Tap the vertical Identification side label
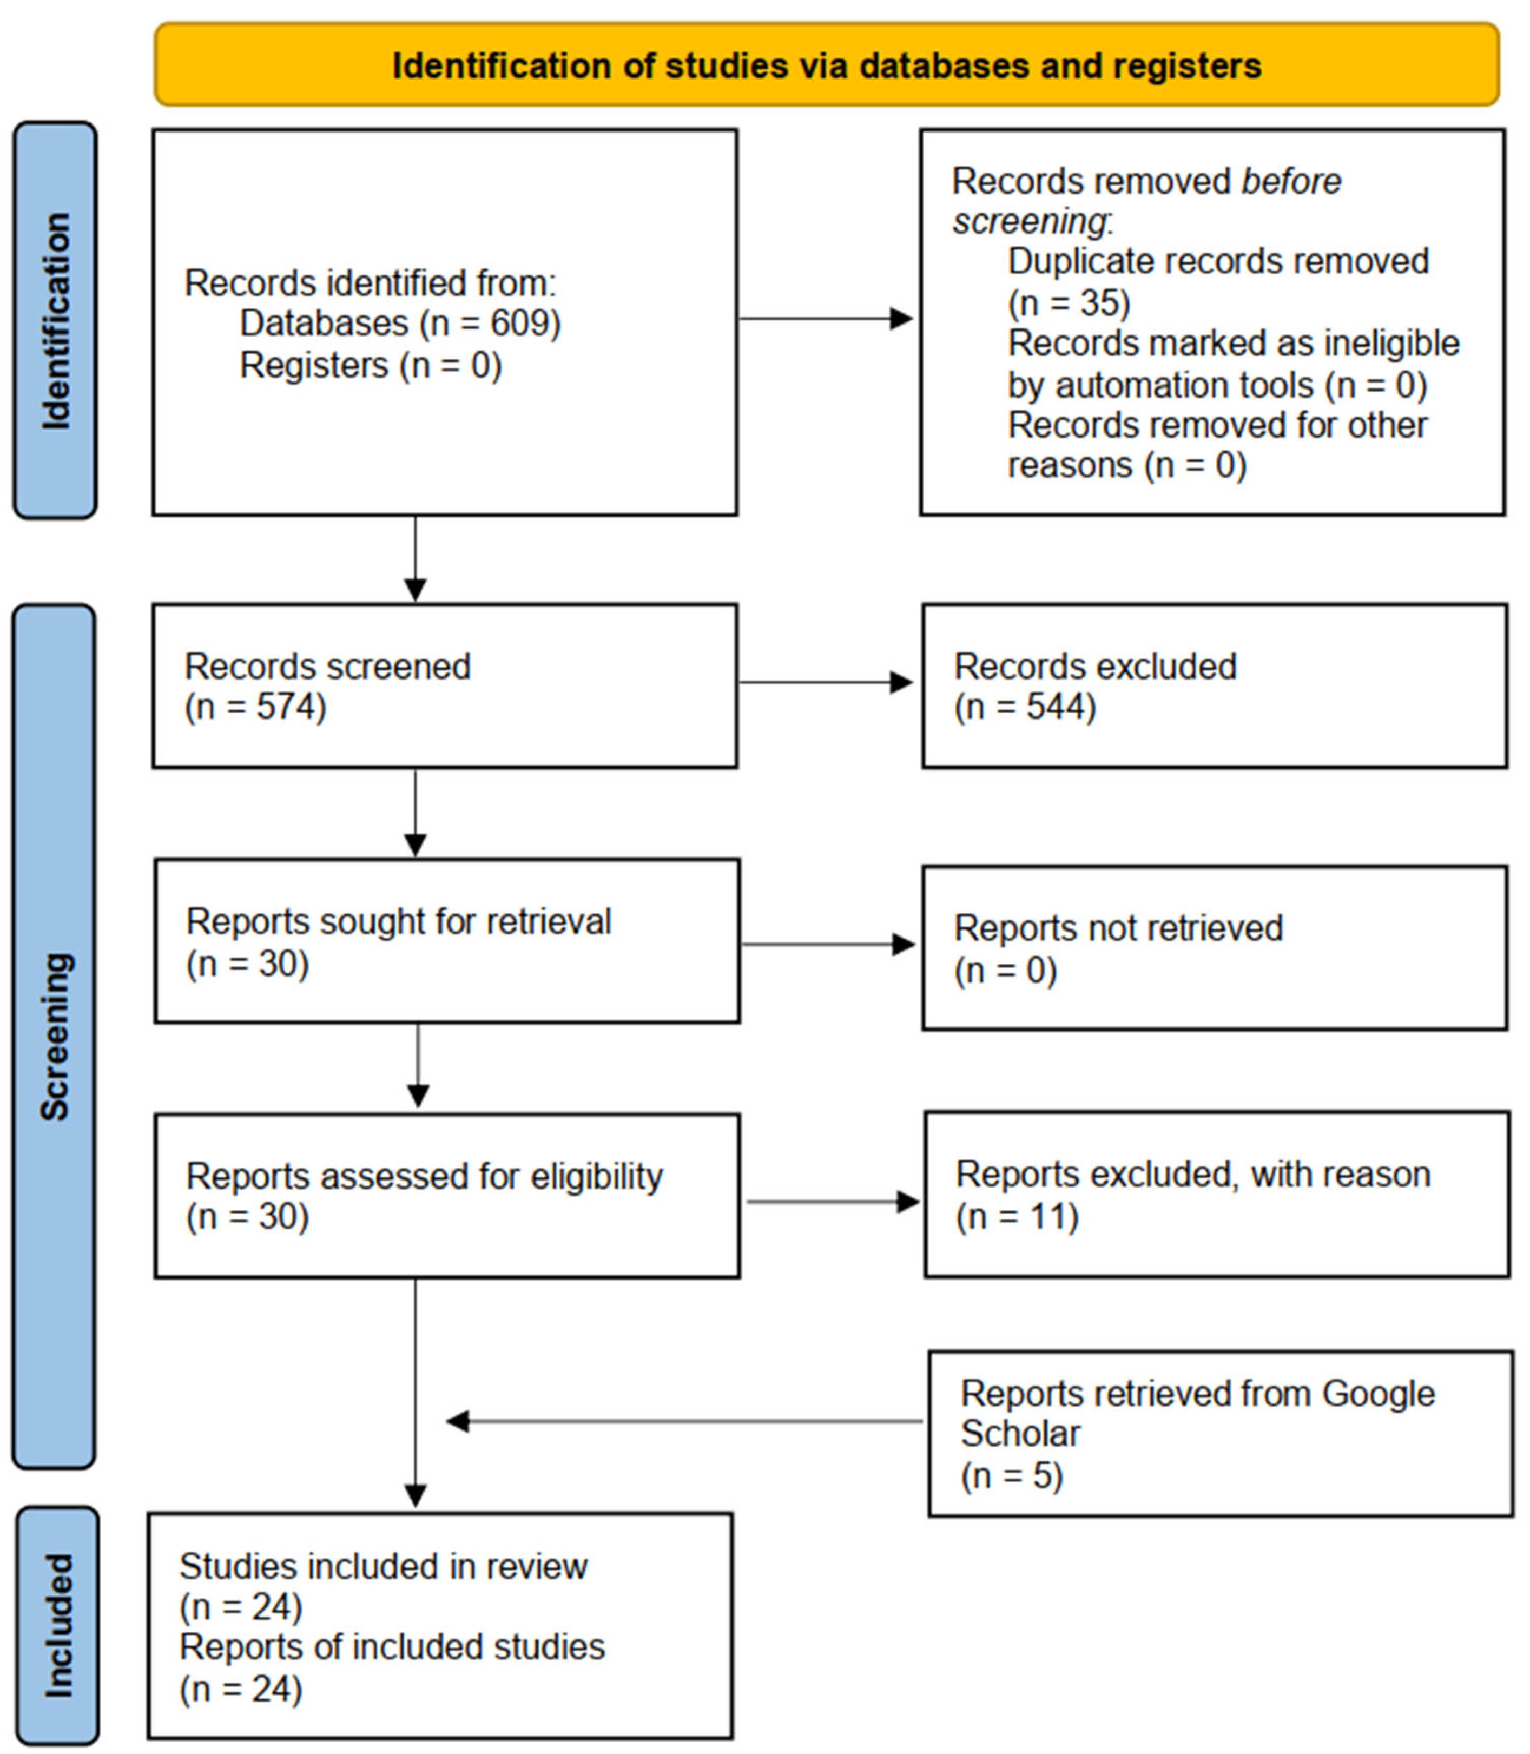coord(56,320)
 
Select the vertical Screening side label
coord(56,1036)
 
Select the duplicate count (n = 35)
coord(1069,303)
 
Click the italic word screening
coord(1029,222)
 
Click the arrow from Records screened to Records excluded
coord(825,682)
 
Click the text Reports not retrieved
coord(1118,928)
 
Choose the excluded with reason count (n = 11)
coord(1017,1216)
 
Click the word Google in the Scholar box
coord(1377,1394)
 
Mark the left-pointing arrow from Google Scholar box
coord(683,1422)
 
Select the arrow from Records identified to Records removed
coord(825,319)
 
